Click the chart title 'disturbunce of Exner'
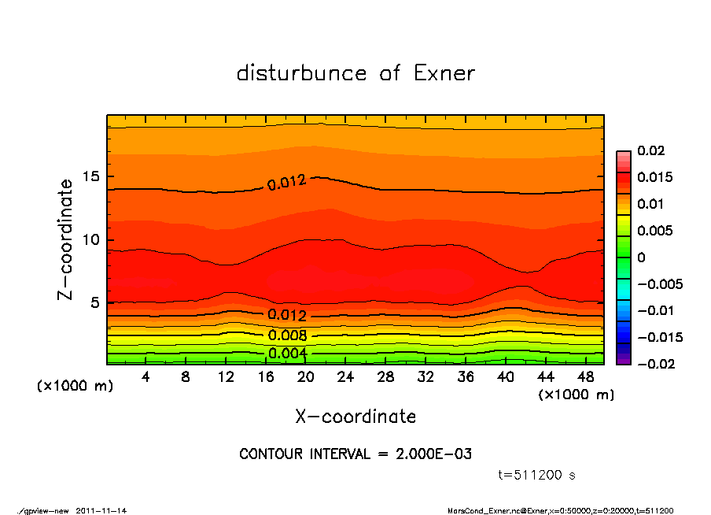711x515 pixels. [x=355, y=73]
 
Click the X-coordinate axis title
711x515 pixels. [x=355, y=417]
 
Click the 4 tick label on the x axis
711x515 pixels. [x=146, y=377]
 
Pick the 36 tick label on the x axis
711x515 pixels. [x=466, y=377]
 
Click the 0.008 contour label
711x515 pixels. [x=287, y=335]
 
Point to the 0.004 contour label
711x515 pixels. [x=287, y=353]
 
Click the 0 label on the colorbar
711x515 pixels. [x=641, y=257]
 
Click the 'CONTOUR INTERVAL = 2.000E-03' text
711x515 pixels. [x=355, y=454]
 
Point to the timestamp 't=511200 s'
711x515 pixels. [x=538, y=475]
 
